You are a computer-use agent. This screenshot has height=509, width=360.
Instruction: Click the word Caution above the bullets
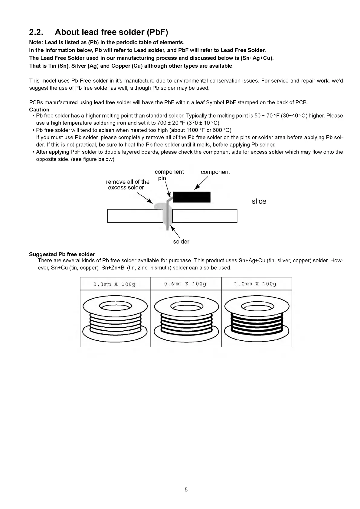pyautogui.click(x=39, y=109)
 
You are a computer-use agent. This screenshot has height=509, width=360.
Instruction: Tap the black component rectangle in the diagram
pyautogui.click(x=191, y=197)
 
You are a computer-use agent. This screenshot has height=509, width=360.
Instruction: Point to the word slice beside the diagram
pyautogui.click(x=259, y=202)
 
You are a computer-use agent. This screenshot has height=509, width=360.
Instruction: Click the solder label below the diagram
pyautogui.click(x=181, y=242)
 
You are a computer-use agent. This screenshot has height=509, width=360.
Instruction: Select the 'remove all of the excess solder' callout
pyautogui.click(x=127, y=184)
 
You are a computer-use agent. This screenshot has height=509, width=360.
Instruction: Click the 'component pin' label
pyautogui.click(x=169, y=175)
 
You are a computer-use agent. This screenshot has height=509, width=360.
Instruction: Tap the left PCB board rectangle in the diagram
pyautogui.click(x=135, y=216)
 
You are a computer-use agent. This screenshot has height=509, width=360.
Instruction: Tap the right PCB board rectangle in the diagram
pyautogui.click(x=205, y=216)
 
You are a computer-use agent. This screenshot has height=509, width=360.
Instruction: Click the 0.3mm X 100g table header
pyautogui.click(x=115, y=284)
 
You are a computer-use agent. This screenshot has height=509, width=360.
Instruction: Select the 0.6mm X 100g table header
pyautogui.click(x=185, y=284)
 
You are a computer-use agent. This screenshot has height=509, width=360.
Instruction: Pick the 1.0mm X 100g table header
pyautogui.click(x=255, y=284)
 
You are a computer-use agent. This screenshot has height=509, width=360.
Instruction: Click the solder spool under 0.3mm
pyautogui.click(x=115, y=318)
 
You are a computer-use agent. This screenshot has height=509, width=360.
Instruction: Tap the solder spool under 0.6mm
pyautogui.click(x=186, y=318)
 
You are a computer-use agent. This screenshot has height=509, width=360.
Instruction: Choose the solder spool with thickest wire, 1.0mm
pyautogui.click(x=257, y=318)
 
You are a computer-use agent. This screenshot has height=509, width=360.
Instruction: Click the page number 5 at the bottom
pyautogui.click(x=186, y=490)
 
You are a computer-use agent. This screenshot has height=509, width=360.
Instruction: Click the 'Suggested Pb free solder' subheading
pyautogui.click(x=62, y=254)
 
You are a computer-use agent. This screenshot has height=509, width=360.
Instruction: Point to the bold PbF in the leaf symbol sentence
pyautogui.click(x=231, y=102)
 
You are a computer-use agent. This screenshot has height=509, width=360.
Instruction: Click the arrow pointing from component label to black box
pyautogui.click(x=201, y=183)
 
